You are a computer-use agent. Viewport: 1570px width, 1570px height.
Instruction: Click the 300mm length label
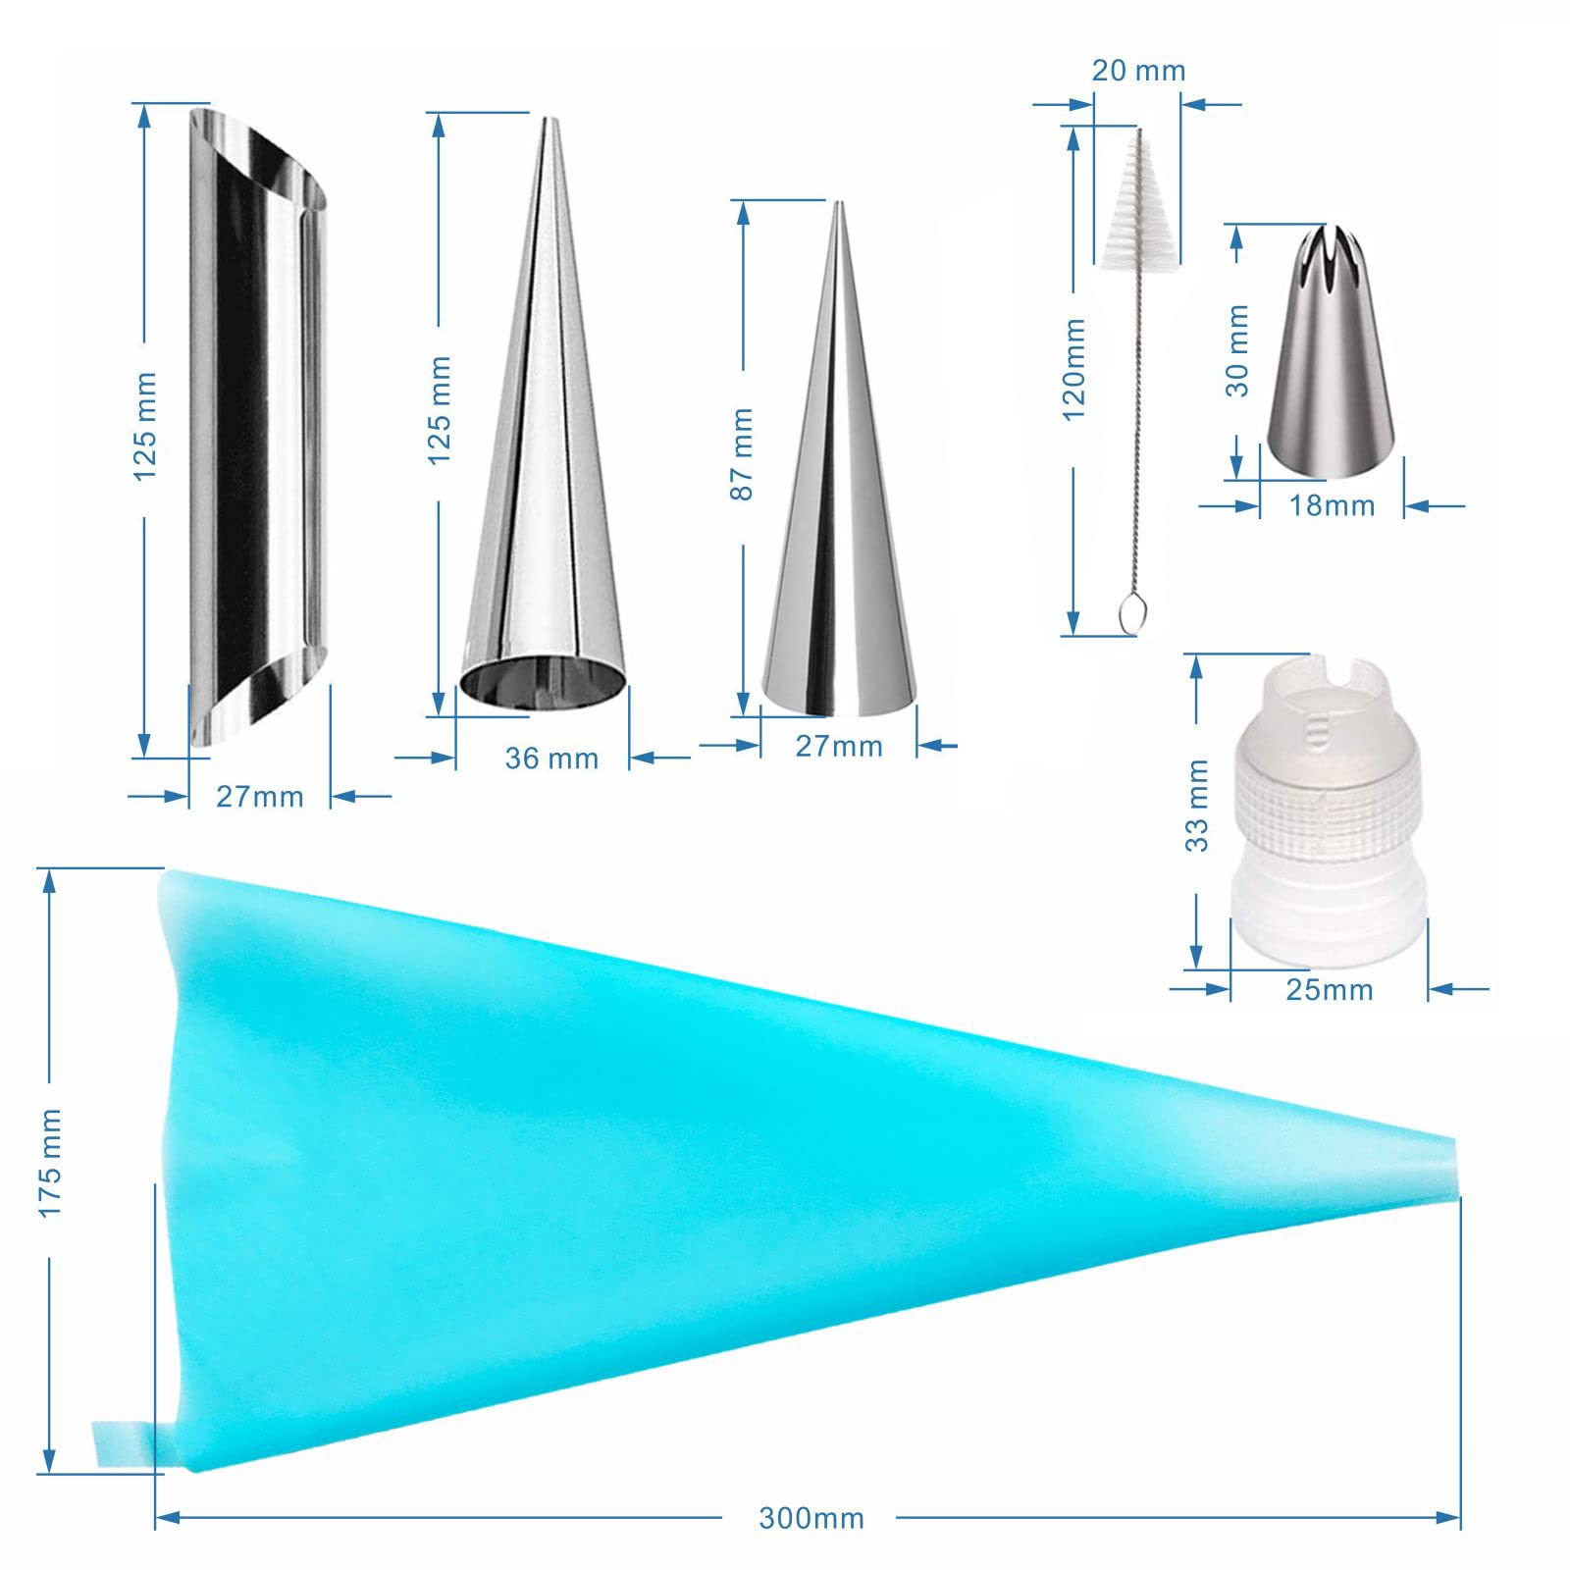(x=811, y=1519)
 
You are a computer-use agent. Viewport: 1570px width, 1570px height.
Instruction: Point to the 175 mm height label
(x=49, y=1163)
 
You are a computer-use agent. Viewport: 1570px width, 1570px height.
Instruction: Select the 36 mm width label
(x=551, y=758)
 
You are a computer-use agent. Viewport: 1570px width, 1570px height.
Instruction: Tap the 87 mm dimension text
(x=742, y=453)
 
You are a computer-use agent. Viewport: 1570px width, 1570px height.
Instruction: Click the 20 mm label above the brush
(x=1138, y=71)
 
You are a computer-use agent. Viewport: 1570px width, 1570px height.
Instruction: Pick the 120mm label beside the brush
(x=1073, y=368)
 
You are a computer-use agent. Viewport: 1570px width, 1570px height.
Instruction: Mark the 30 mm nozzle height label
(x=1238, y=350)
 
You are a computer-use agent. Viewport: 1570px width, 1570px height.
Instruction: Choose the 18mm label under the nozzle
(x=1332, y=505)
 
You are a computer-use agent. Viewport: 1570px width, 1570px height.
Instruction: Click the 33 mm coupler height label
(x=1197, y=805)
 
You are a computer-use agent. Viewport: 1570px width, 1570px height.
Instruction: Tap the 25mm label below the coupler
(x=1330, y=989)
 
